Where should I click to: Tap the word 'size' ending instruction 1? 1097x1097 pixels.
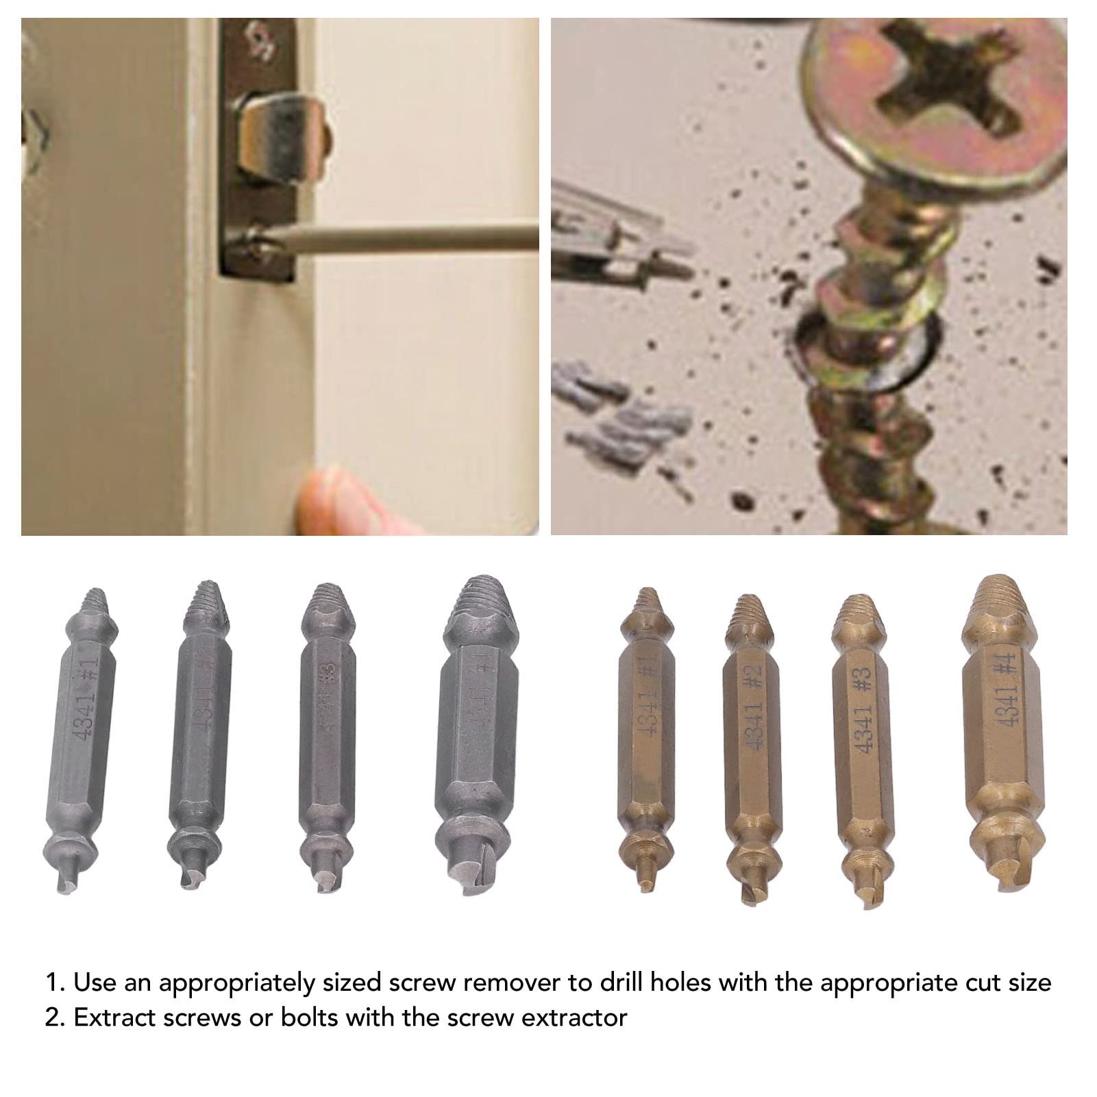click(1025, 983)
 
